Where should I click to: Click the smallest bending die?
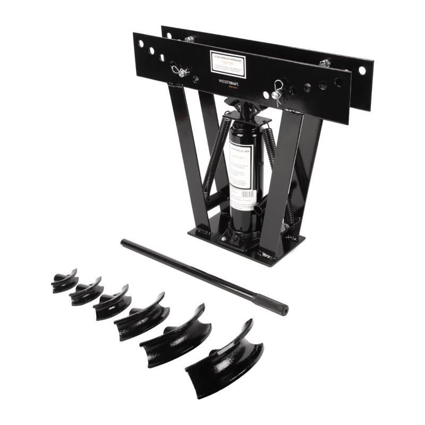pyautogui.click(x=64, y=282)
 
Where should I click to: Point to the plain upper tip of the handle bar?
pyautogui.click(x=125, y=243)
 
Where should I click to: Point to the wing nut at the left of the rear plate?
pyautogui.click(x=189, y=38)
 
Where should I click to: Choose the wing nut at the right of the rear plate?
pyautogui.click(x=325, y=63)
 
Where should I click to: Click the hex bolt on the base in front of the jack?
pyautogui.click(x=224, y=239)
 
